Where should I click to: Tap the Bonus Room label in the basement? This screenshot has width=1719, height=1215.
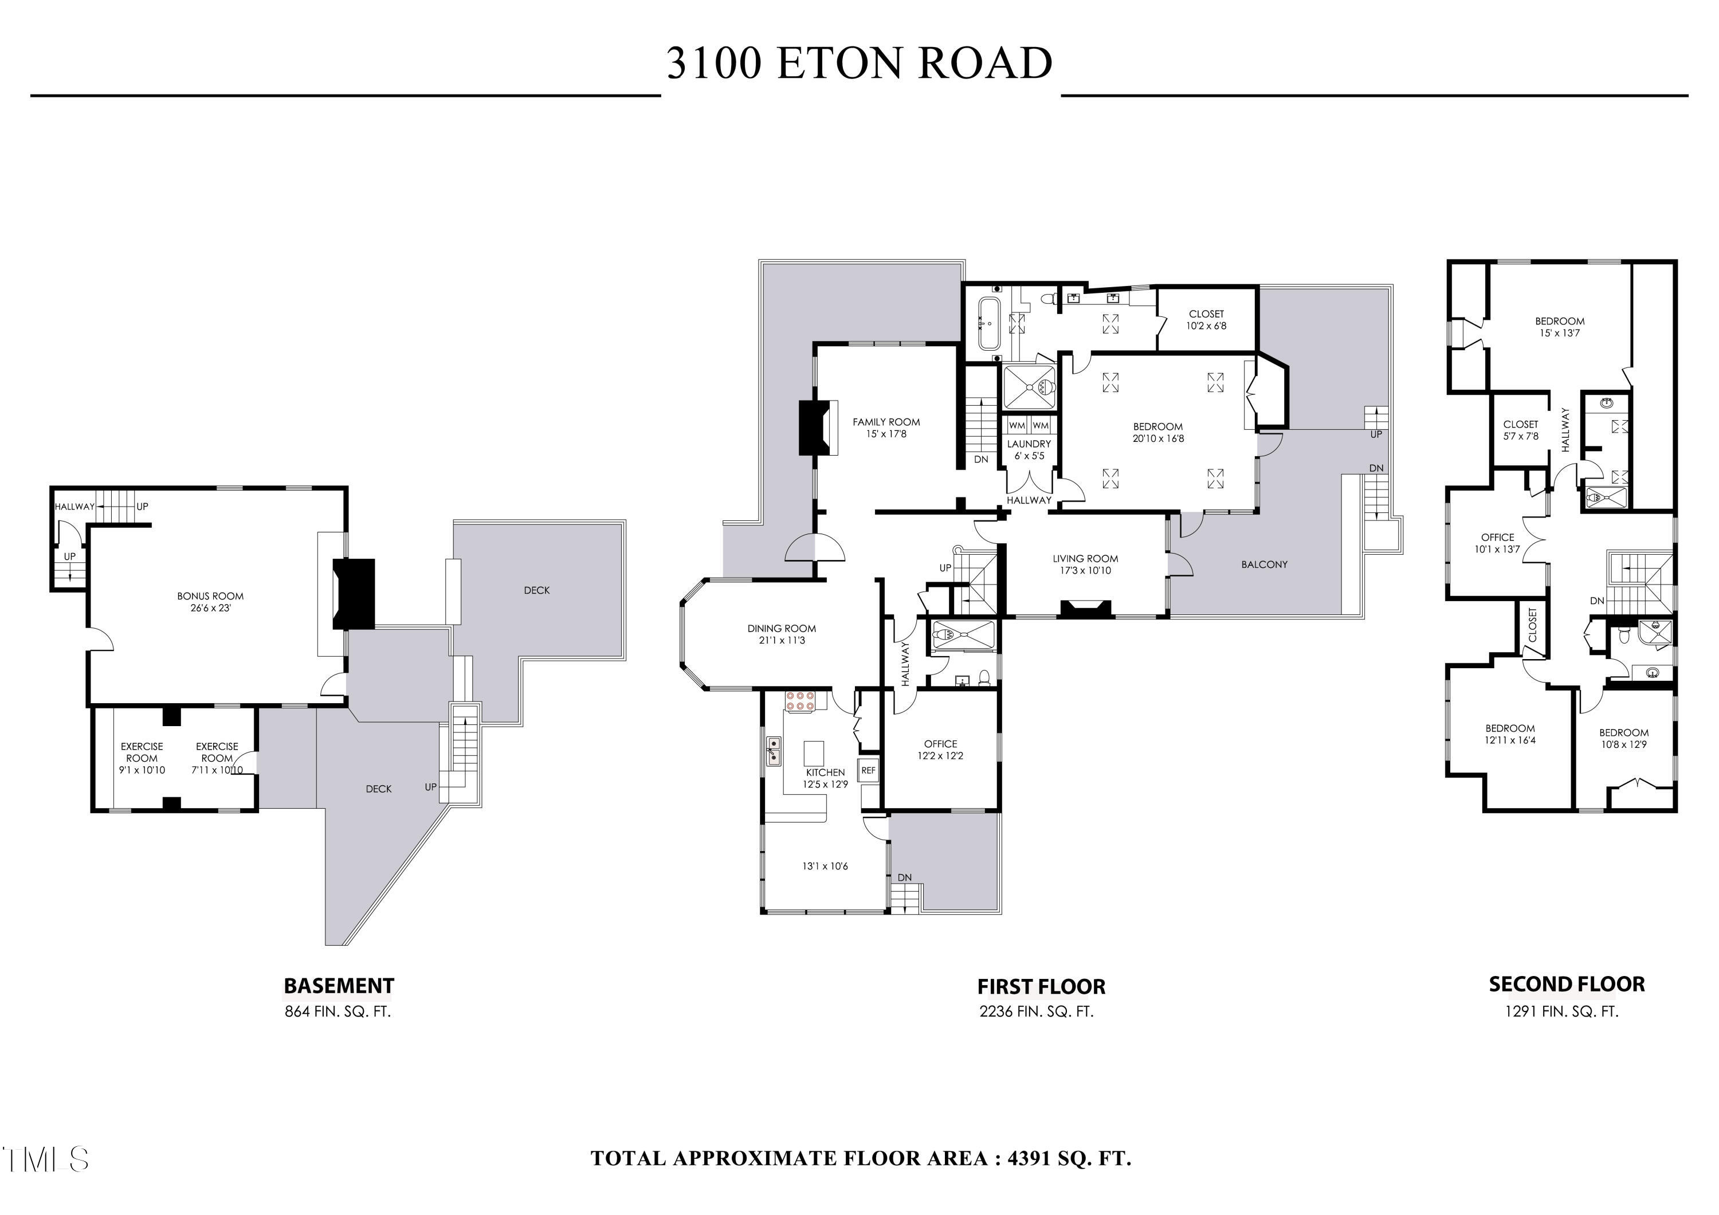click(x=210, y=597)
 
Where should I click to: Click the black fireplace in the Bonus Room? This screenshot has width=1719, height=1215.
click(x=354, y=594)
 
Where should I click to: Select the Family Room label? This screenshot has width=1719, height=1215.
click(x=886, y=422)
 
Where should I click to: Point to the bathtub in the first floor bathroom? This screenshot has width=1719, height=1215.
click(x=989, y=324)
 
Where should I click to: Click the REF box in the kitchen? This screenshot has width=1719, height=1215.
click(x=868, y=770)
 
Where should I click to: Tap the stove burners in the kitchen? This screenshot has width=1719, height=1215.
click(x=799, y=701)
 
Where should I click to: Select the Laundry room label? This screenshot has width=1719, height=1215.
click(x=1029, y=444)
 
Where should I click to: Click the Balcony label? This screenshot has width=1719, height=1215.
click(x=1265, y=565)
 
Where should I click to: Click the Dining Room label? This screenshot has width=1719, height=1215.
click(x=782, y=629)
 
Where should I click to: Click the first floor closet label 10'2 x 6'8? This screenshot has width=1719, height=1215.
click(x=1206, y=320)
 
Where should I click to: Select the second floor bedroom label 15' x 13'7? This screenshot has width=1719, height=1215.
click(x=1560, y=327)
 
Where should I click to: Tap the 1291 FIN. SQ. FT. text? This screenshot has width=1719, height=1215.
click(x=1562, y=1012)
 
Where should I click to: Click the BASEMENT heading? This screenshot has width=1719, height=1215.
click(x=339, y=986)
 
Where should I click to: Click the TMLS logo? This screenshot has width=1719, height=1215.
click(x=46, y=1159)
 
